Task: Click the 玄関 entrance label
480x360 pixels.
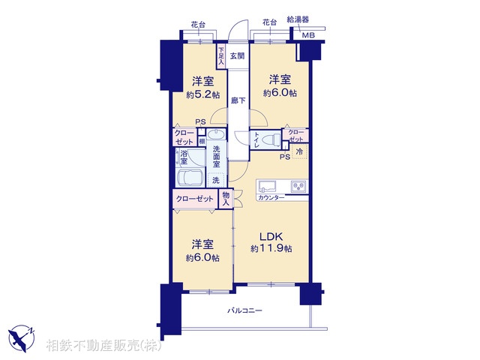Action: [x=237, y=55]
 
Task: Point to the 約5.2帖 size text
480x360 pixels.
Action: [x=202, y=95]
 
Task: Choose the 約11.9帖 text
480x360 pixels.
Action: [x=271, y=248]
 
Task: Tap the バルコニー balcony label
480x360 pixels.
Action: [x=245, y=310]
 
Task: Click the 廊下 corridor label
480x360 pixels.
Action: [x=237, y=100]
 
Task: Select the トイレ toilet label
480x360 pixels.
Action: [x=256, y=140]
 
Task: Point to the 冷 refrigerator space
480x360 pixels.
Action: [x=298, y=152]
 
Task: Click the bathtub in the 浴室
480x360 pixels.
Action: [x=190, y=178]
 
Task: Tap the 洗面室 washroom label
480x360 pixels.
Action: [x=216, y=160]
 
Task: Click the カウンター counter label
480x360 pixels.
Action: [x=270, y=197]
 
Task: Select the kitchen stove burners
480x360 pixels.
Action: [x=298, y=185]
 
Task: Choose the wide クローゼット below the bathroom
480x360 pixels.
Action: [x=194, y=199]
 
